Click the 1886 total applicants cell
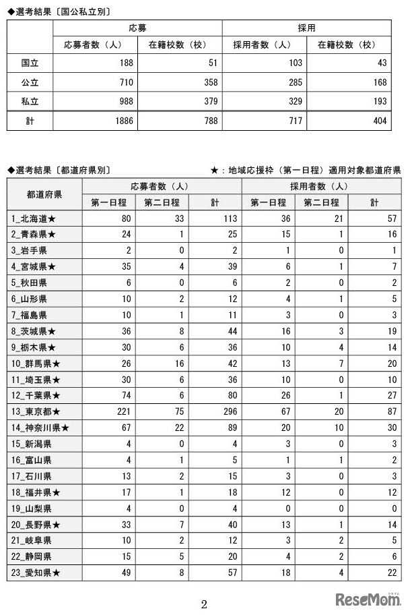(121, 121)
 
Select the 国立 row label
(30, 63)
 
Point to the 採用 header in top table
(306, 28)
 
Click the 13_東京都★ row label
(37, 411)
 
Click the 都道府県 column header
(44, 194)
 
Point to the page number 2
(204, 604)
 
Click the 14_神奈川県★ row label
(42, 428)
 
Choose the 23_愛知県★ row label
(37, 572)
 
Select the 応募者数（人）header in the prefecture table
(161, 186)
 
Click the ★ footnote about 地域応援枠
(306, 170)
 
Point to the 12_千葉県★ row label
(37, 395)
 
